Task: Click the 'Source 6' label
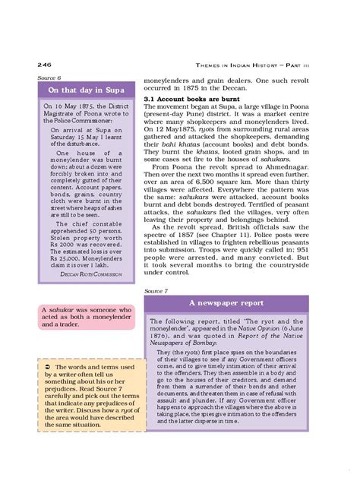[48, 79]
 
